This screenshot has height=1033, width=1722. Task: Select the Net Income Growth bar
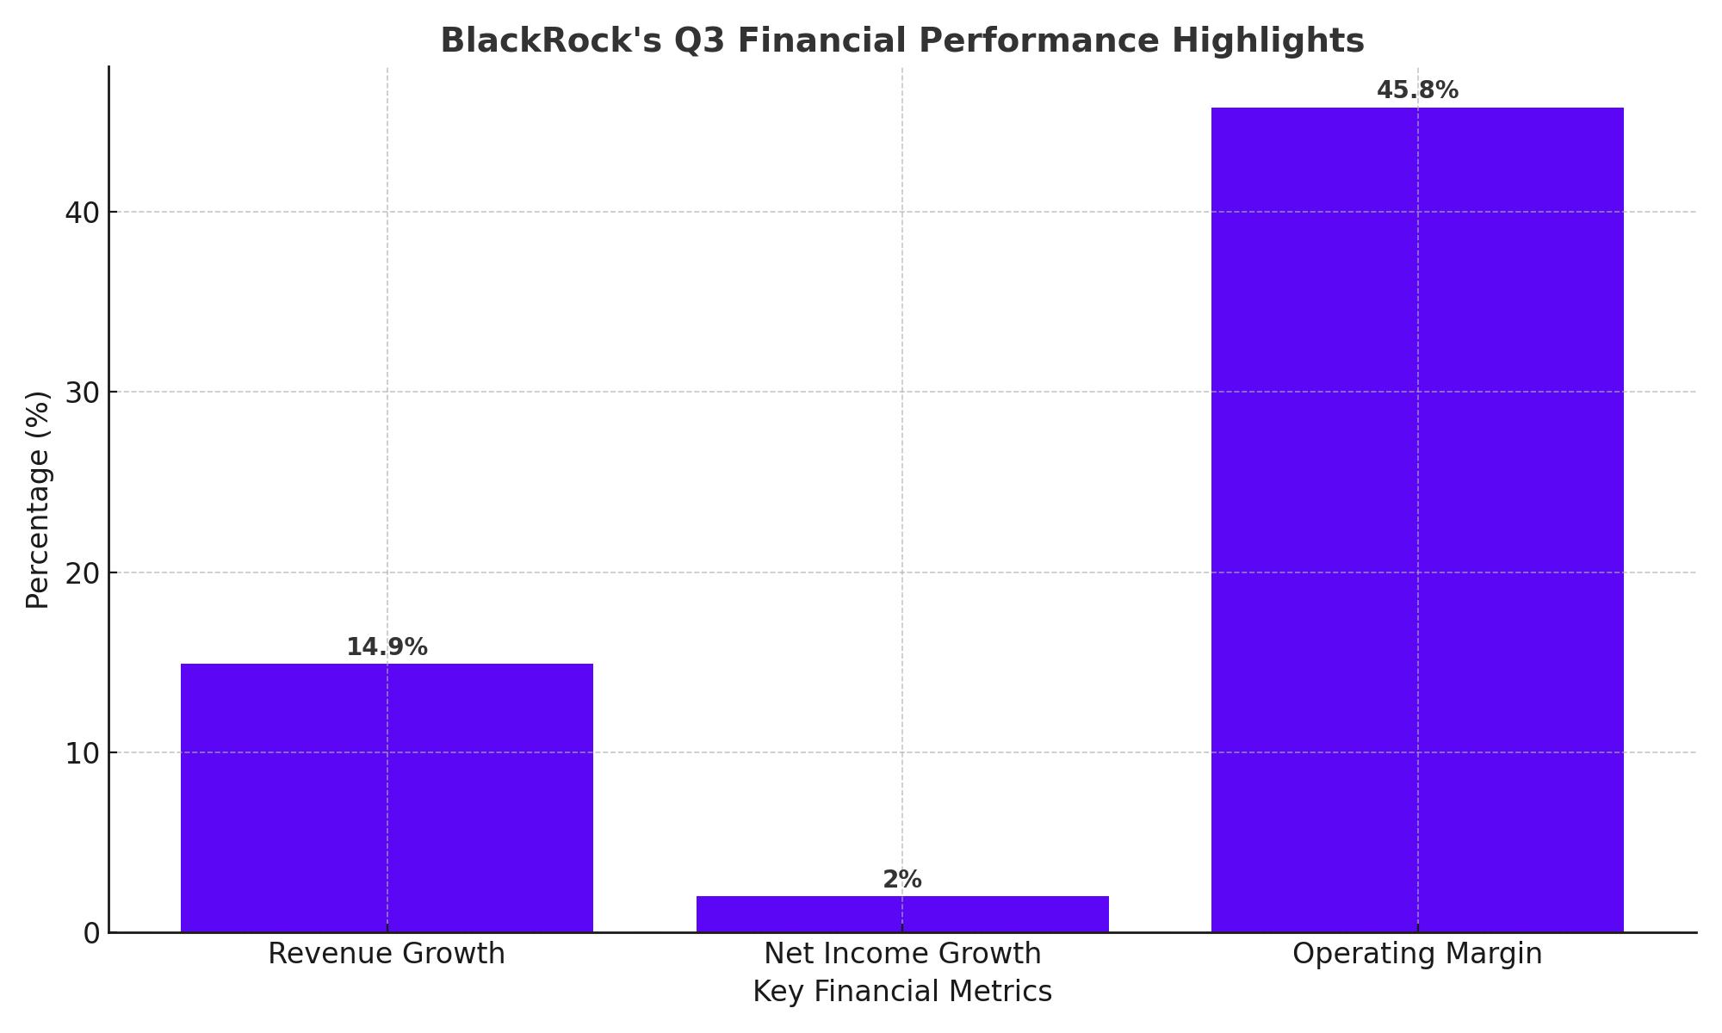point(902,913)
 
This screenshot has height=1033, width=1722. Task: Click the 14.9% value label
point(387,647)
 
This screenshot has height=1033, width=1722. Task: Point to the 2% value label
point(902,880)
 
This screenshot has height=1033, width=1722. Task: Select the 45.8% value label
point(1417,90)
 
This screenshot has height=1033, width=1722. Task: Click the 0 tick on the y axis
point(91,933)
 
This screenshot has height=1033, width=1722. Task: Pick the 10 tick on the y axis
point(83,753)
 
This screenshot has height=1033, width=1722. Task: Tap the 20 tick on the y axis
point(83,572)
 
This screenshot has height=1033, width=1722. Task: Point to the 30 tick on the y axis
point(83,393)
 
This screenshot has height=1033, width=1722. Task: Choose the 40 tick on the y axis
point(83,212)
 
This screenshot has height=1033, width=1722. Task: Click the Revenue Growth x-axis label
point(387,954)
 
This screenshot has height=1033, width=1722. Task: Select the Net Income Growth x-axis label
point(902,954)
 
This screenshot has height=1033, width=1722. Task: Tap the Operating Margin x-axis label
point(1417,954)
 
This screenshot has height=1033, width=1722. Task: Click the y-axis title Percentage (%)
point(38,499)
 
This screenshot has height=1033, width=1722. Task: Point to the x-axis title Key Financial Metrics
point(902,992)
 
